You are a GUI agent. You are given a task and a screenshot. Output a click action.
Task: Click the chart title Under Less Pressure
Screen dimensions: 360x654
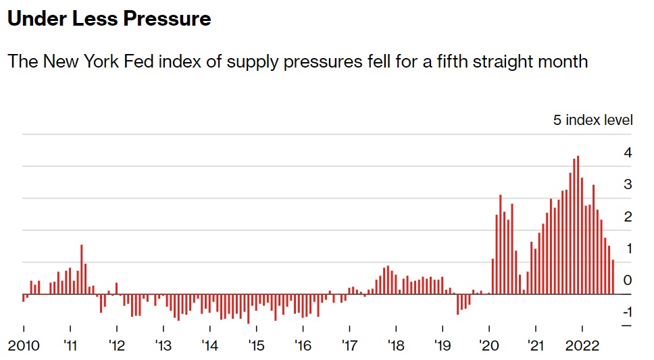[109, 19]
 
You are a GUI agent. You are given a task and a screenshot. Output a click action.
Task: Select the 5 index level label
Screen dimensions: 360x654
[593, 120]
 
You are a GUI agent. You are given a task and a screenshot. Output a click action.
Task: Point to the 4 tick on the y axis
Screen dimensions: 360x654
[628, 153]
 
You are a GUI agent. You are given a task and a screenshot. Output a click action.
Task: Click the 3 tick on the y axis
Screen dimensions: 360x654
[628, 184]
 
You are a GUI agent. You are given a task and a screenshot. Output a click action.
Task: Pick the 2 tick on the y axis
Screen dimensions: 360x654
[628, 217]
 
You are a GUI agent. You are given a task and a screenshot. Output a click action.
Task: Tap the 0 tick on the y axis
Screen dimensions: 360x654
[628, 280]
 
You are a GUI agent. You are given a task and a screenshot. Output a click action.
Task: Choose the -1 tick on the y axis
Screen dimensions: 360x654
[626, 312]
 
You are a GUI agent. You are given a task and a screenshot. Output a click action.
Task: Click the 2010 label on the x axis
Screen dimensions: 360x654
[23, 346]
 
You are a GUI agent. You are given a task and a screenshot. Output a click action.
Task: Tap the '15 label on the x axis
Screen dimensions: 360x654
[256, 346]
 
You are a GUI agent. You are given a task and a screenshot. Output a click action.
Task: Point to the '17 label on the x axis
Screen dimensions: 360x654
[349, 346]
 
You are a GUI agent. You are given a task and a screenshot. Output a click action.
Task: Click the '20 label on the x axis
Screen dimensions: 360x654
[488, 346]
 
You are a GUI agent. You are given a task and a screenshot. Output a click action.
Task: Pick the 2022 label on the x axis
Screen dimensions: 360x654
[582, 346]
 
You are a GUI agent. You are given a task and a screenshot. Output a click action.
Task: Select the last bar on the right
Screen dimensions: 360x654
[613, 277]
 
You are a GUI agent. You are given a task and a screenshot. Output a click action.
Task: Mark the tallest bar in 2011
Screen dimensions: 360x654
[82, 269]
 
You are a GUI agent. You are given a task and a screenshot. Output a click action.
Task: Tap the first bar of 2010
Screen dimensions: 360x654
[24, 298]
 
